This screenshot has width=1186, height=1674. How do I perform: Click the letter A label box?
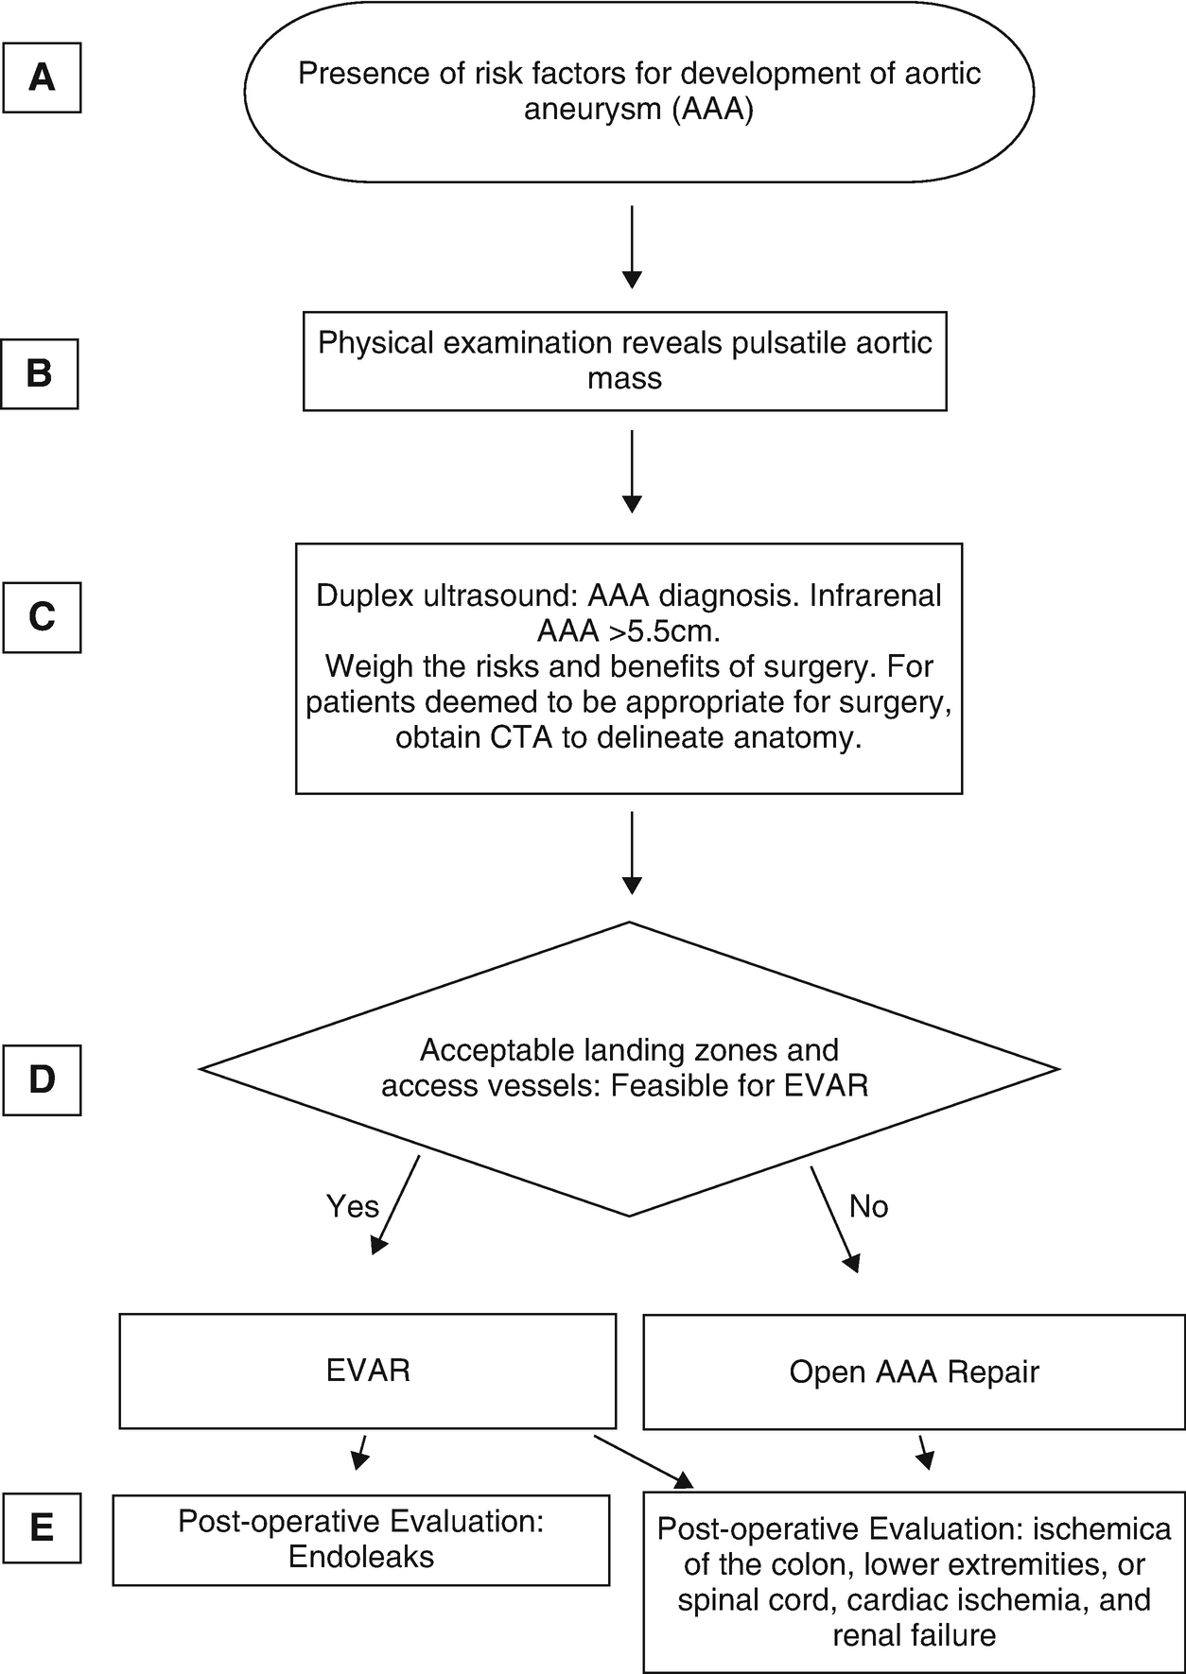tap(42, 77)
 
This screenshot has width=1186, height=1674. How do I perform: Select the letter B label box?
tap(40, 373)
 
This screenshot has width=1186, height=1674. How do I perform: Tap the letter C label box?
tap(42, 617)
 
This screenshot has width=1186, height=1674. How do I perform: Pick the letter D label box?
tap(42, 1079)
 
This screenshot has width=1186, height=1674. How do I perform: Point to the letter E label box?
tap(42, 1528)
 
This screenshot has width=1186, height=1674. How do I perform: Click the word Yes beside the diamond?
tap(352, 1206)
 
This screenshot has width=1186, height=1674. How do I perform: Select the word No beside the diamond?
tap(868, 1206)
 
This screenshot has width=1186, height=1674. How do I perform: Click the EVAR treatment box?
tap(368, 1371)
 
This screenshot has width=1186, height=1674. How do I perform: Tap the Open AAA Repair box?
tap(914, 1372)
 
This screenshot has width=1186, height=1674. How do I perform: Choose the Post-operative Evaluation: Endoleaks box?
tap(361, 1540)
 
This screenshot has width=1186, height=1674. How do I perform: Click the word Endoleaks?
tap(361, 1557)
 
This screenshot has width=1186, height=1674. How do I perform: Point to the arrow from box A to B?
tap(632, 246)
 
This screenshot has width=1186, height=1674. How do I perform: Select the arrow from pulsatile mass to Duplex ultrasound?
tap(632, 471)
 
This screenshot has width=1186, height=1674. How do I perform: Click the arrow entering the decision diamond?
tap(632, 853)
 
